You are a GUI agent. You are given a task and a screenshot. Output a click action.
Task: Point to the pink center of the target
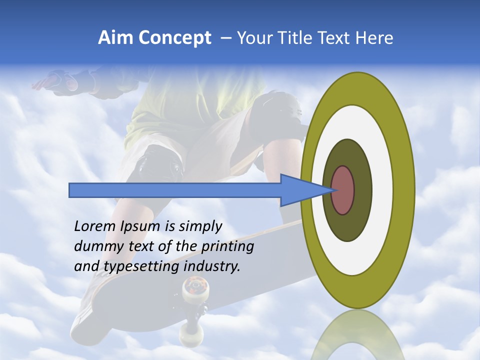[342, 190]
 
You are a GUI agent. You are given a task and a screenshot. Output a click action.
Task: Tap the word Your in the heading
[253, 38]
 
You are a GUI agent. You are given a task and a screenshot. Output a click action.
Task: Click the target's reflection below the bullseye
[357, 335]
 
